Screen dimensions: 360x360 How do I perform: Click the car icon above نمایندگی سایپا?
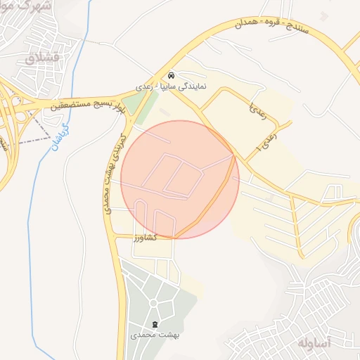click(x=172, y=75)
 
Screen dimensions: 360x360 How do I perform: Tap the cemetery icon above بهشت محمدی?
click(x=155, y=324)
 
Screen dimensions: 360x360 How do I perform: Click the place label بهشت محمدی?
click(x=156, y=336)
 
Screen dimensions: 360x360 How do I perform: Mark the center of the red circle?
click(x=180, y=180)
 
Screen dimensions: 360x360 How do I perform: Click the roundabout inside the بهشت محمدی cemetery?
click(x=155, y=303)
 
